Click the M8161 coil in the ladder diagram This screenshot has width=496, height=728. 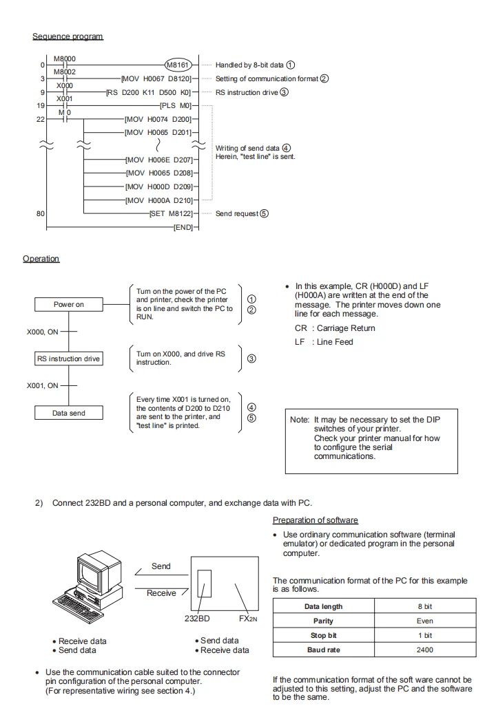[x=178, y=65]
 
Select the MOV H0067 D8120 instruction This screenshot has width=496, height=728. [x=156, y=79]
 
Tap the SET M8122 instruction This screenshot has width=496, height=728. [x=171, y=213]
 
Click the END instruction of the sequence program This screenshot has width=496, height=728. [x=183, y=227]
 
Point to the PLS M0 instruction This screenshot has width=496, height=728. [x=176, y=106]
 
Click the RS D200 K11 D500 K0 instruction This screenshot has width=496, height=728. [x=149, y=92]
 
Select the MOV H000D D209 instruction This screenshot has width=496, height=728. [x=159, y=186]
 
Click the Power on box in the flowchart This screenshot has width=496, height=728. [x=69, y=305]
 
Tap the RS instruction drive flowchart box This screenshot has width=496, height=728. [x=69, y=359]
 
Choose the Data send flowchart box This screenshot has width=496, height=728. [x=69, y=413]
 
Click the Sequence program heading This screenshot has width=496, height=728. [x=68, y=36]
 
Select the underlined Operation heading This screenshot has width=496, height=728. [x=41, y=259]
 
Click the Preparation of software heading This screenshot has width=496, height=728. [x=316, y=520]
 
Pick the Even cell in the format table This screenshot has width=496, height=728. [x=425, y=621]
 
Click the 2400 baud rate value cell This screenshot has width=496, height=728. [x=425, y=650]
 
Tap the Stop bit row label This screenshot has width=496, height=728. [x=324, y=635]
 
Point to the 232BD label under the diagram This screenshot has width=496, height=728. [x=197, y=619]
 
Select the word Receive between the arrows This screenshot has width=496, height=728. [x=161, y=593]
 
